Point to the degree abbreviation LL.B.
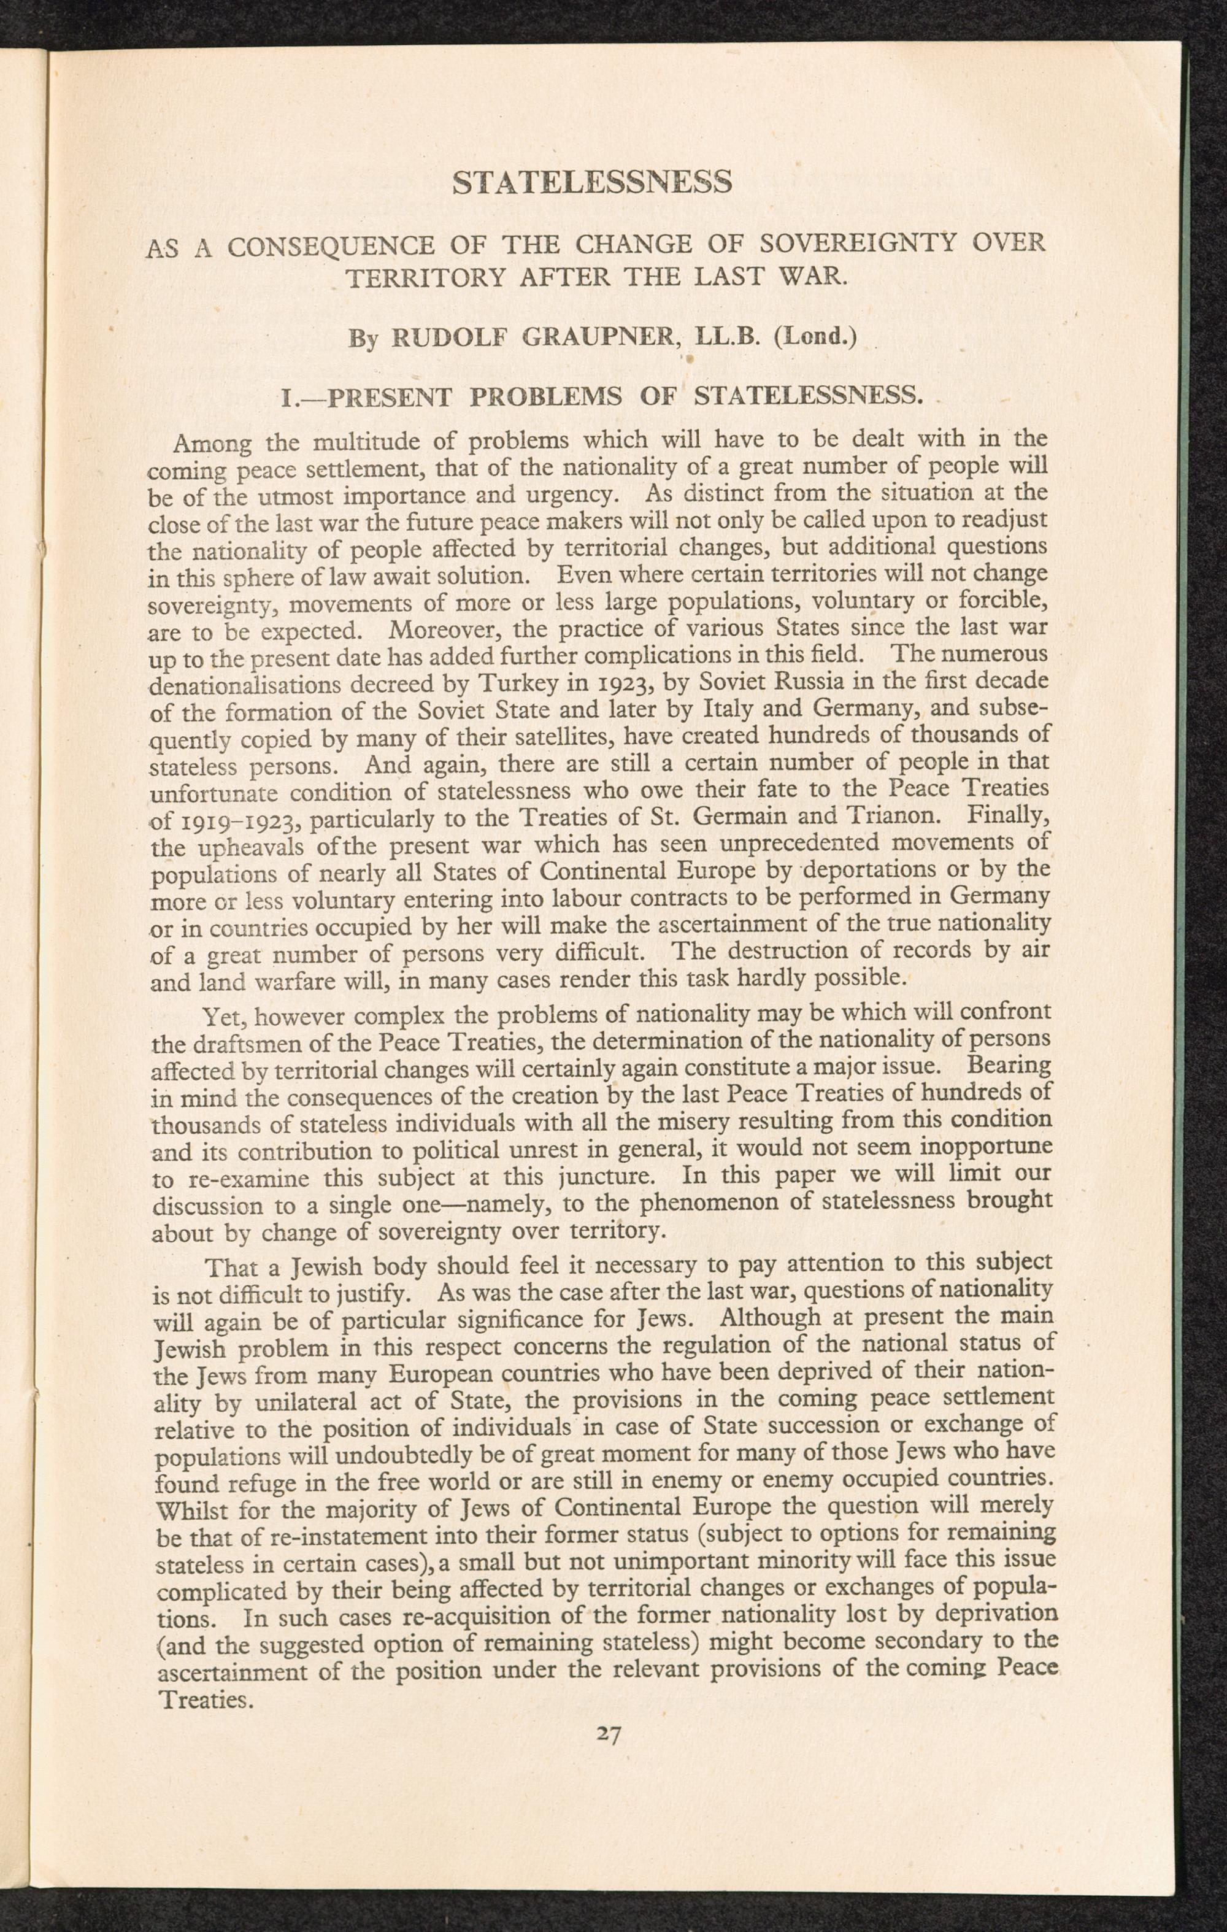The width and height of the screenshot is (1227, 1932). coord(729,336)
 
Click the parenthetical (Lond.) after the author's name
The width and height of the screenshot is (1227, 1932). coord(815,336)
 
